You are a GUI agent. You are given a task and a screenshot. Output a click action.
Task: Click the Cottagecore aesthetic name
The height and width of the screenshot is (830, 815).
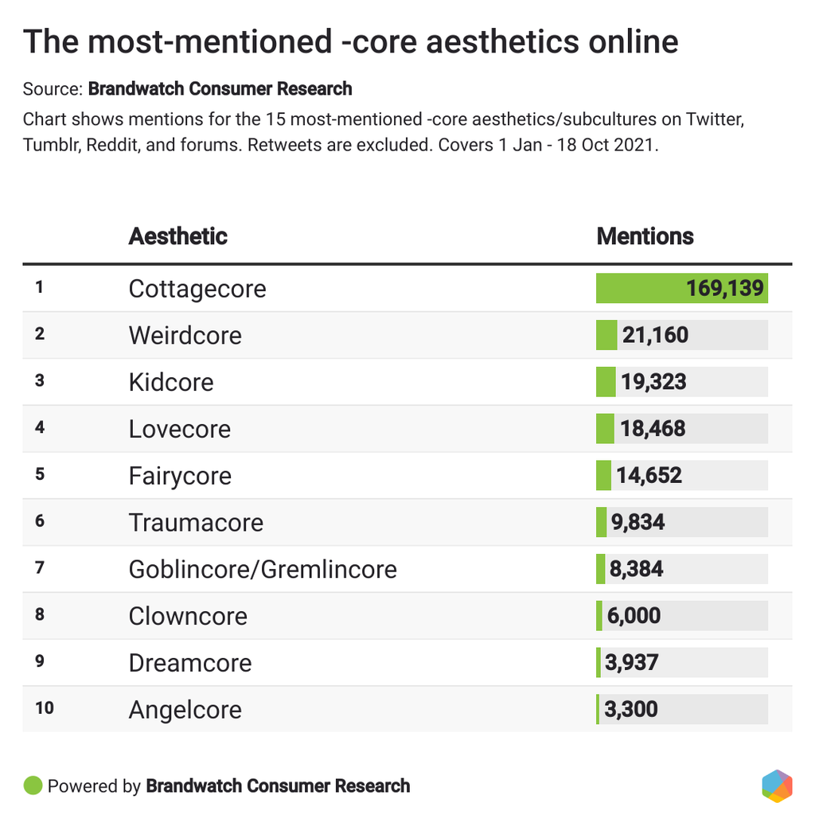[x=197, y=289]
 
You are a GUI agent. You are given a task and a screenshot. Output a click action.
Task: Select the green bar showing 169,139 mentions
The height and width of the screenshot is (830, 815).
[x=681, y=288]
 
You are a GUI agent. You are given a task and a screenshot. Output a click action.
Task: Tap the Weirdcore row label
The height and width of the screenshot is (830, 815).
[x=185, y=335]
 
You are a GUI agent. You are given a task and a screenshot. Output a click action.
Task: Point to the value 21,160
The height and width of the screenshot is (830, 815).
[x=655, y=335]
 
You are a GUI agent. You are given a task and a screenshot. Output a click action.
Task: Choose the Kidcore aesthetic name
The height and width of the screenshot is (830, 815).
[x=171, y=382]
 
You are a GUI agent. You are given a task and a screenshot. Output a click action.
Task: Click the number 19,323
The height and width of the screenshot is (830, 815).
[x=653, y=382]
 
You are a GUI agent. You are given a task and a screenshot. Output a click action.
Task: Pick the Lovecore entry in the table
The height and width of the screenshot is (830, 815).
[x=179, y=429]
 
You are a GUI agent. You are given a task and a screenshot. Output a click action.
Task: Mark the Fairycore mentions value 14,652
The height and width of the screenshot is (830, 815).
[x=649, y=476]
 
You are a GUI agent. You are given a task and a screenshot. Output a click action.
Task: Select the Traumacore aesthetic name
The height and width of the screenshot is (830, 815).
[x=196, y=523]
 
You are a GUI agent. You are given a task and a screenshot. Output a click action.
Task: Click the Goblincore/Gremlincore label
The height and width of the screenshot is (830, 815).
[x=263, y=570]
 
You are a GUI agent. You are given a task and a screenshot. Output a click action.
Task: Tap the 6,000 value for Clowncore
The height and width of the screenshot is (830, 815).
[x=632, y=616]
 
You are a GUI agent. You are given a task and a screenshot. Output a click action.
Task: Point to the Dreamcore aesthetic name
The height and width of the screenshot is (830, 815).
[x=190, y=663]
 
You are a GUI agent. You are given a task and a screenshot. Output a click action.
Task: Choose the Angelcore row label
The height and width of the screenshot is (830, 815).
[x=185, y=710]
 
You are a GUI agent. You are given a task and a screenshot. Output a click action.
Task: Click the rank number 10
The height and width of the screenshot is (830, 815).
[x=45, y=707]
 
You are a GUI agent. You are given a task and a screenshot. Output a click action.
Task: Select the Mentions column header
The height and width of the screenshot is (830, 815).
[x=645, y=236]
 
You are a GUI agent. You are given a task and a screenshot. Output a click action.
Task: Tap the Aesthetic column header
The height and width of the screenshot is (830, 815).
[x=177, y=236]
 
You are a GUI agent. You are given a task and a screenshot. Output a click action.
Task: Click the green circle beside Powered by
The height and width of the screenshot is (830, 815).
[x=33, y=786]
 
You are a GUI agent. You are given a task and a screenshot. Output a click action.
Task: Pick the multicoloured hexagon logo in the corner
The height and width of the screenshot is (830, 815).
[x=777, y=785]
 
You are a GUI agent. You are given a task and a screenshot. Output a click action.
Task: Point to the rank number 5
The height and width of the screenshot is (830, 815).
[x=40, y=473]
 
